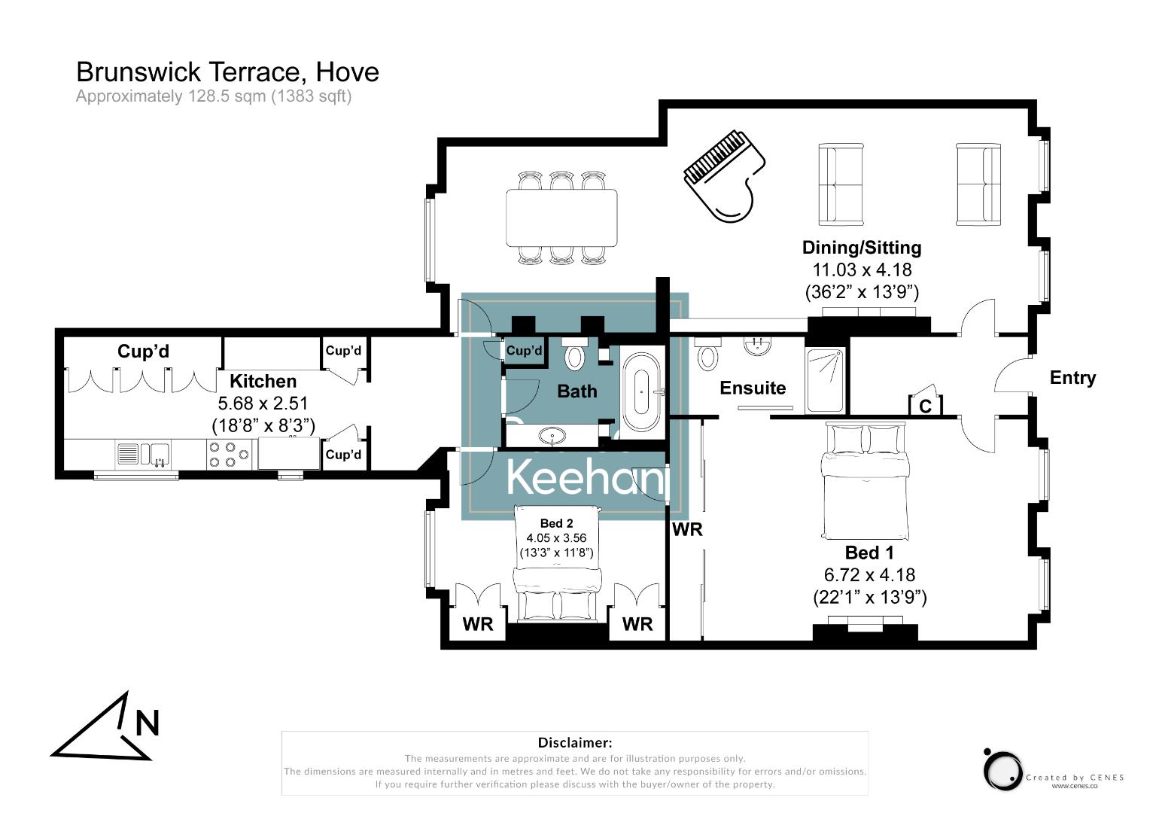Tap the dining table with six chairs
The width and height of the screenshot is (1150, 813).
[561, 218]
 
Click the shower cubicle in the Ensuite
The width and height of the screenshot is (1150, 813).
[825, 380]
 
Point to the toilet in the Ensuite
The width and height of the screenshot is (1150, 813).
[707, 355]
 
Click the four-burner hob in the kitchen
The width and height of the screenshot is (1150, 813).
[229, 454]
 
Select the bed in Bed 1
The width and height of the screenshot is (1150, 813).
[866, 482]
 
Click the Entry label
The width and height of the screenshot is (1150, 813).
[1072, 378]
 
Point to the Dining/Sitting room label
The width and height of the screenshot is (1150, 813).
[862, 248]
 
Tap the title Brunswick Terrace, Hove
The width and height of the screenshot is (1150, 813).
[227, 72]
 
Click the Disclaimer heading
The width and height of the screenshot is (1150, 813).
[574, 743]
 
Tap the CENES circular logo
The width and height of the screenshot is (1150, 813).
[1002, 770]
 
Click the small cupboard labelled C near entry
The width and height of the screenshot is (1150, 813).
[925, 406]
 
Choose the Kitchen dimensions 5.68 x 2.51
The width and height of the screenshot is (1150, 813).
[263, 403]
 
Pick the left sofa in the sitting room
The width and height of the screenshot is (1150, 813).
[841, 184]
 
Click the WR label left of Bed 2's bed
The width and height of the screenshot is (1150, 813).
[478, 624]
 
